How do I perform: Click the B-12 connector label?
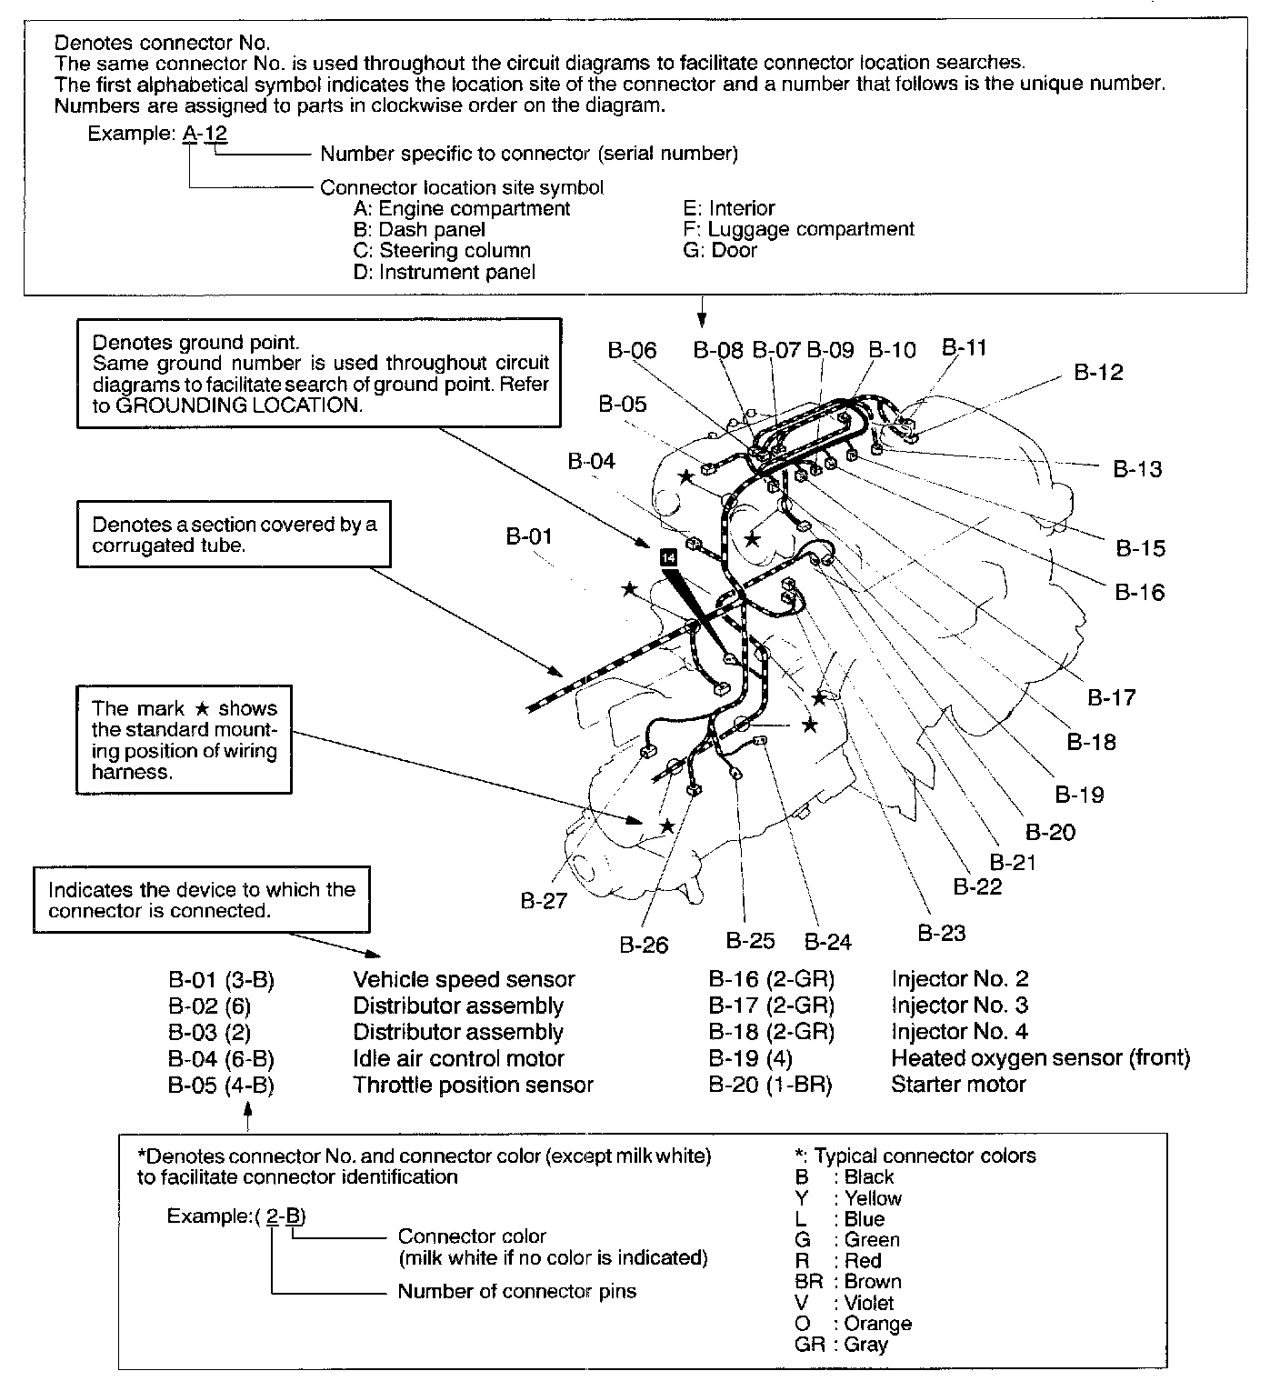click(x=1098, y=372)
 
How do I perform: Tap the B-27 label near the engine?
click(x=544, y=900)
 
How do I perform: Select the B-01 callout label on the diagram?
click(x=529, y=535)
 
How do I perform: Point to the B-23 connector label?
click(x=941, y=933)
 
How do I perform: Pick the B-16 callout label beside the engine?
click(x=1139, y=592)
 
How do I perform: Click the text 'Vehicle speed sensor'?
click(x=464, y=979)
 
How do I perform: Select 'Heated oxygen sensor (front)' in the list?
click(x=1040, y=1057)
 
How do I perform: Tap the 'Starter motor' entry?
click(x=958, y=1084)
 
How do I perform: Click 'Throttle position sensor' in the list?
click(x=473, y=1085)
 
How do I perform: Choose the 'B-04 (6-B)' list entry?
click(x=221, y=1058)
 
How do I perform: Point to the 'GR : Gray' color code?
click(x=841, y=1344)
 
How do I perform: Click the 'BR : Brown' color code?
click(x=847, y=1281)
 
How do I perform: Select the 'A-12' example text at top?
click(x=205, y=133)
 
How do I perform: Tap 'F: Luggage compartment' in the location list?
click(x=798, y=229)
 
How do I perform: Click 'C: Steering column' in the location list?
click(x=442, y=250)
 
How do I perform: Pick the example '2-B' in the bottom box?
click(x=285, y=1216)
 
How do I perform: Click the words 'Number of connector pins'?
click(x=516, y=1291)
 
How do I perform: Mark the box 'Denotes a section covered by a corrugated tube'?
click(x=234, y=535)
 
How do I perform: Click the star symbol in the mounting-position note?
click(x=203, y=708)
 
